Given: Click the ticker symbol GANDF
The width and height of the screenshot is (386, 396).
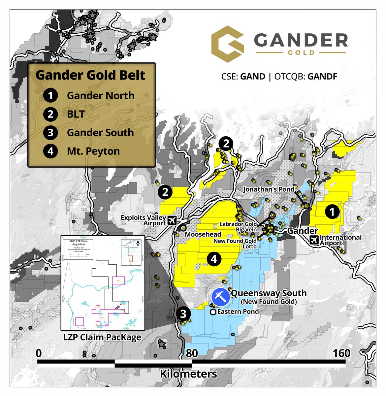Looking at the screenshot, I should click(322, 77).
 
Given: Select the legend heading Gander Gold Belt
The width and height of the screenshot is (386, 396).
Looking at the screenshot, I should click(90, 75).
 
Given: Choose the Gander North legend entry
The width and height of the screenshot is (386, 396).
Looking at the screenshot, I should click(100, 96).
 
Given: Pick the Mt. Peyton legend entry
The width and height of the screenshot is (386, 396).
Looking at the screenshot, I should click(93, 151).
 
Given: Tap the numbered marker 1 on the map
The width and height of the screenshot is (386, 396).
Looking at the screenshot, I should click(332, 212).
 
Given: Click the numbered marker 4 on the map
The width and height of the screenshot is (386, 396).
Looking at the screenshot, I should click(214, 259).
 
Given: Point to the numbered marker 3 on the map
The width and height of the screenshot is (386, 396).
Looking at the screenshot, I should click(183, 313).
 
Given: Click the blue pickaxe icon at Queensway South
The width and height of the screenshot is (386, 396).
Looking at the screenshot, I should click(221, 297).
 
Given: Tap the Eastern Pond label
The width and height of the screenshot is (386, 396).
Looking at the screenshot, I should click(238, 312).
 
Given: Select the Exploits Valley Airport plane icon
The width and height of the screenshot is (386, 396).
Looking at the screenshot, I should click(172, 220).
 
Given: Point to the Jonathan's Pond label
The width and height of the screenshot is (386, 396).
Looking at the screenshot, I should click(269, 189).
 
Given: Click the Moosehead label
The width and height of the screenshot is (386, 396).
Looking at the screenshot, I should click(203, 234).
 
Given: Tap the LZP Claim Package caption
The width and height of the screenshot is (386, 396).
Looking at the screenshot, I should click(102, 337).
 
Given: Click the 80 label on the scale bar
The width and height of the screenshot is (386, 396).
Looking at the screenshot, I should click(192, 353).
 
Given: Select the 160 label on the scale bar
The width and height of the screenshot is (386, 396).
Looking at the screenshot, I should click(341, 353).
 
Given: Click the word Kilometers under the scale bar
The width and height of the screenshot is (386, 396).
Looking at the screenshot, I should click(189, 374).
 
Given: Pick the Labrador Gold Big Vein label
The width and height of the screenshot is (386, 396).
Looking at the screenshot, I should click(238, 227).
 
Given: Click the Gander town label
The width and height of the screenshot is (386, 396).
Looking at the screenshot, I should click(303, 231).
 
